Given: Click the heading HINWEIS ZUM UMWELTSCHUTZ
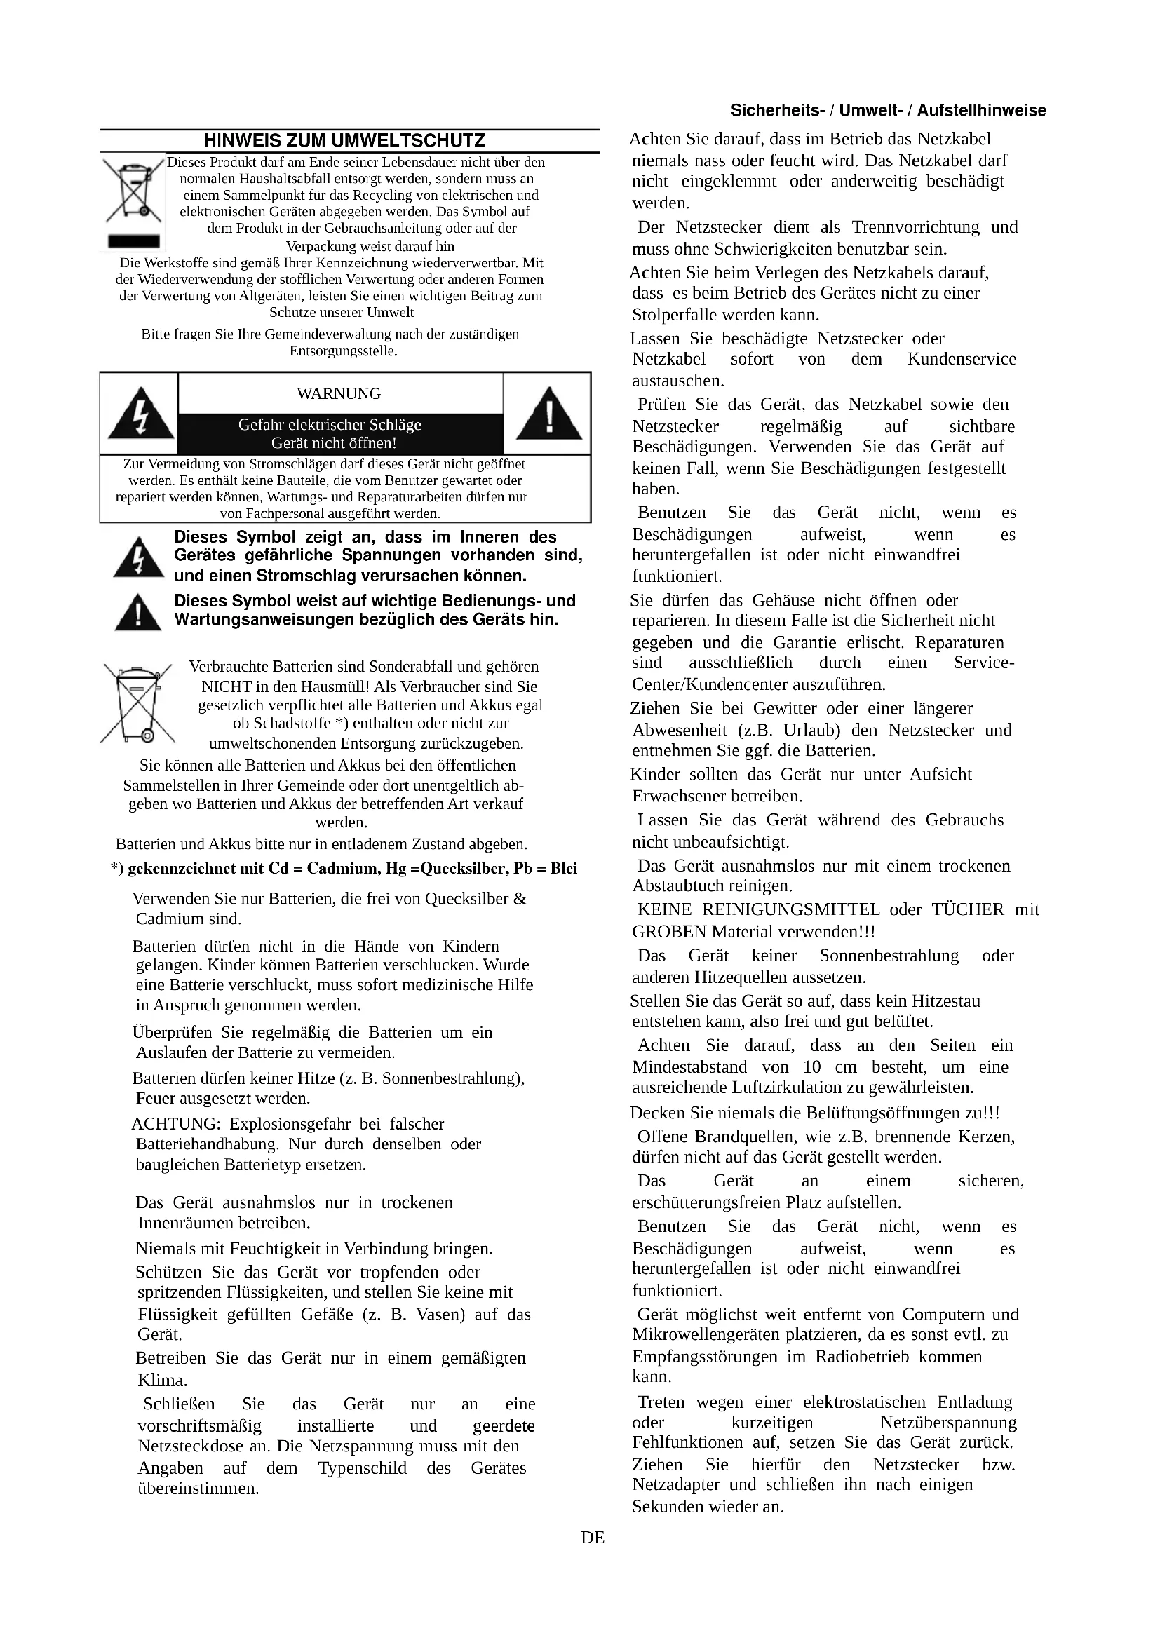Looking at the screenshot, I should (344, 141).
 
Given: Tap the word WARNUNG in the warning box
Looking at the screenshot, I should (339, 393).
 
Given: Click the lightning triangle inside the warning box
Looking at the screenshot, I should (141, 414).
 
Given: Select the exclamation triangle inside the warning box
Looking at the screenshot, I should (548, 414).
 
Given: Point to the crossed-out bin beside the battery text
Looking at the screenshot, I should (137, 704).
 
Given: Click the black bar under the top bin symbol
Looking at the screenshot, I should (133, 240).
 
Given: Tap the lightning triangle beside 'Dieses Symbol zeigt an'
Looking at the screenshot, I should (139, 558).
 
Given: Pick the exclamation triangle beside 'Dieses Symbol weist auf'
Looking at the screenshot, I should (138, 613).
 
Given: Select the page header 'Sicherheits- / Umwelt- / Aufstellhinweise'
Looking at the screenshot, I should (888, 111).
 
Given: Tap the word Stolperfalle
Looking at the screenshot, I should (673, 315).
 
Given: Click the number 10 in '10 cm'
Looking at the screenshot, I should (811, 1067).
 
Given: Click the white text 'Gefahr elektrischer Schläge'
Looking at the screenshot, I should (330, 425).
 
